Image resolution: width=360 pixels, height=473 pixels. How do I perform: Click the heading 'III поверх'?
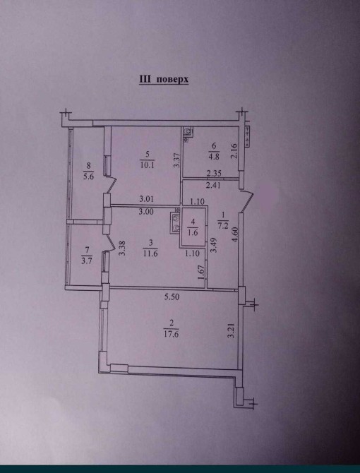tap(164, 79)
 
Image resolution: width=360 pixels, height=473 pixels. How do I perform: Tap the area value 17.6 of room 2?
tap(171, 334)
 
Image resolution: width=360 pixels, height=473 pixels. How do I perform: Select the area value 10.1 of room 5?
tap(147, 165)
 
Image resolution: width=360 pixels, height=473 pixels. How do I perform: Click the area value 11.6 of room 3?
tap(150, 253)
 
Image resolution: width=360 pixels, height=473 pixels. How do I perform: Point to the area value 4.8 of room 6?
tap(214, 157)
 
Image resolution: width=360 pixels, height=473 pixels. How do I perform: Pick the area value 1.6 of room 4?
tap(193, 232)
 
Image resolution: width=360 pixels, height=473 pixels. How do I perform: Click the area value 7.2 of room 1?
tap(223, 225)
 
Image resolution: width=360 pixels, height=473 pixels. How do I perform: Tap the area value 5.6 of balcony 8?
tap(88, 176)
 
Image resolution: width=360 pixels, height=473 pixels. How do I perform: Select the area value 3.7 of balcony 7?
tap(87, 261)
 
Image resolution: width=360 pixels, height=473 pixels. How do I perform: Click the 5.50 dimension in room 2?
tap(172, 297)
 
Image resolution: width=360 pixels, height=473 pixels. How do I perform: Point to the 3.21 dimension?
tap(232, 332)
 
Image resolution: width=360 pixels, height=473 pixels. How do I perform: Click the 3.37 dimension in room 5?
tap(177, 160)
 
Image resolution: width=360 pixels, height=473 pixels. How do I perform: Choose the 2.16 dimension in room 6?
tap(234, 151)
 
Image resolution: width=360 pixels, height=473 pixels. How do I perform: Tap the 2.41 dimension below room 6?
tap(213, 185)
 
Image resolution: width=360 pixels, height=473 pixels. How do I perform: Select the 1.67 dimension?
tap(203, 272)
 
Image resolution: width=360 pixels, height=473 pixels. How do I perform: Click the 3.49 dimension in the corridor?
tap(214, 245)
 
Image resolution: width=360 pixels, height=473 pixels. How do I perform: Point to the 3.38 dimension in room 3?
tap(122, 248)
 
